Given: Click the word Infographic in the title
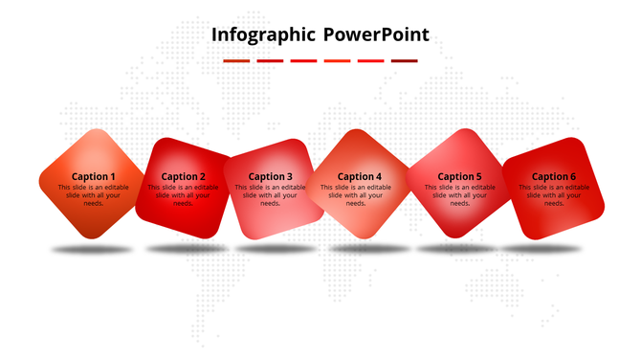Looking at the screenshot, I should (263, 36).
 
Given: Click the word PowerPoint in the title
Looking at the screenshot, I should (376, 36).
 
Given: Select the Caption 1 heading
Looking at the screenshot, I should (94, 176).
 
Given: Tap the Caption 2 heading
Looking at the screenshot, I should (184, 176).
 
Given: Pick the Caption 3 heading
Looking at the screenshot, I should (271, 176).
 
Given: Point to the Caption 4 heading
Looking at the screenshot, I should (359, 176).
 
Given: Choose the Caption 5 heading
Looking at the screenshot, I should (459, 176).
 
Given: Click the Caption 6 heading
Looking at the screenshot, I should (554, 176).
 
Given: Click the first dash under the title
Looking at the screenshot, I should (236, 61).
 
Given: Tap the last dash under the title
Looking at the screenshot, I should (405, 61).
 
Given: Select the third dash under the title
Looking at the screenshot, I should (303, 61).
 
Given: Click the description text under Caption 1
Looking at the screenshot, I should (93, 195).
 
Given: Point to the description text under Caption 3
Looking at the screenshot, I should (271, 195).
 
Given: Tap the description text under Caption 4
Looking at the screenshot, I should (356, 195).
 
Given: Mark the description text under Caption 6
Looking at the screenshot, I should (554, 195).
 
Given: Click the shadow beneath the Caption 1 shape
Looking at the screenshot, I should (93, 250).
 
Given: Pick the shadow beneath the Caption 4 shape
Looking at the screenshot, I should (369, 249).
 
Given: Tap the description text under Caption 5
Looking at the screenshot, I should (459, 195).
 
